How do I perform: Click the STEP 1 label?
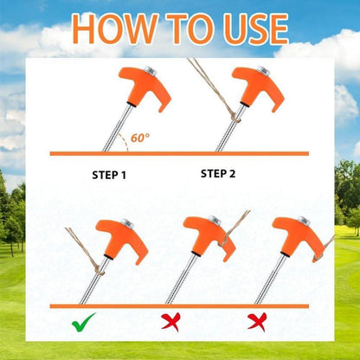coord(109,175)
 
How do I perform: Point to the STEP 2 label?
coord(217,173)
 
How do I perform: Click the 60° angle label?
coord(140,137)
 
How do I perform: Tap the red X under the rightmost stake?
coord(255,323)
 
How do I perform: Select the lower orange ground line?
coord(180,305)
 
